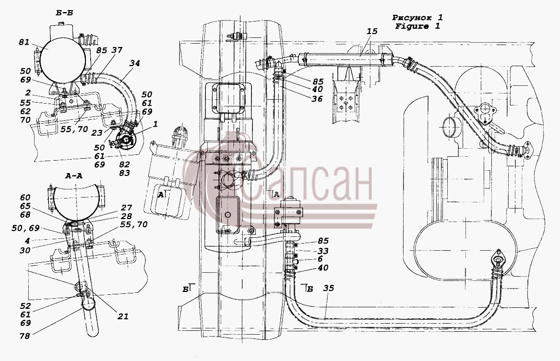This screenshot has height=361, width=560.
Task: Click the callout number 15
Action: point(372,31)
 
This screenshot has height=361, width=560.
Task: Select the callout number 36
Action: point(317,99)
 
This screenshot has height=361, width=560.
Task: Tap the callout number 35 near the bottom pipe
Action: point(328,288)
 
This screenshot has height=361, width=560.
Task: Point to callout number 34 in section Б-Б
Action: point(135,63)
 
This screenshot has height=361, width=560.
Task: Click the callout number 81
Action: point(24,42)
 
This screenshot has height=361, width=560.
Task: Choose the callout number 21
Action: point(123,316)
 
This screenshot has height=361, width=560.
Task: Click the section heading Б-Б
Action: point(64,13)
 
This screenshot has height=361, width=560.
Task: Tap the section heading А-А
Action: point(74,175)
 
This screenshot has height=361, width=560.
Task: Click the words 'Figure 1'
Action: point(417,26)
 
